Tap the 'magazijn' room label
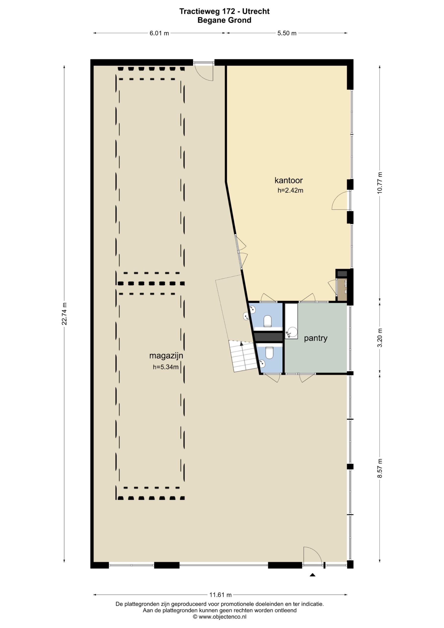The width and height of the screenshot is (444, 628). pos(166,356)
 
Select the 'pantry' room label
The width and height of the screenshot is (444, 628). pos(316,338)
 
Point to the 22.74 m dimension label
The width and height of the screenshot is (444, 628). pos(64,314)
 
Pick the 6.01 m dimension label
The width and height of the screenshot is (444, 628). pos(159,33)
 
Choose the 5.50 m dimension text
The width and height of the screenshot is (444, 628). pos(287,33)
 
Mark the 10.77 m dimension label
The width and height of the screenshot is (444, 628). pos(380,183)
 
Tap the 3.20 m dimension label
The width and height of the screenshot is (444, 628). pos(380,338)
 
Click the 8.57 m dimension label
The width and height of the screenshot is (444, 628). pos(380,468)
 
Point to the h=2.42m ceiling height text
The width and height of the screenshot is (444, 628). pos(290,190)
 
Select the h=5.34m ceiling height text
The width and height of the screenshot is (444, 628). pos(166,367)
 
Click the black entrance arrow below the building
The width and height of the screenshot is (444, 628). pos(313,575)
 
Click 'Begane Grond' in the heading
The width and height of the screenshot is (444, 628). pos(225,20)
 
